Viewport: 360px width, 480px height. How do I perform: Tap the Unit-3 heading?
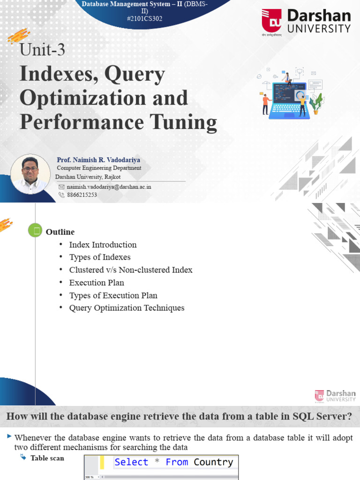click(42, 50)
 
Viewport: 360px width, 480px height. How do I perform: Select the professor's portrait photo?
click(30, 174)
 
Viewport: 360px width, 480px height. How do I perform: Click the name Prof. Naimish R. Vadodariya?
click(98, 160)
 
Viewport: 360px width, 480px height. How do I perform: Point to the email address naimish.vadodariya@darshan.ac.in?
click(109, 187)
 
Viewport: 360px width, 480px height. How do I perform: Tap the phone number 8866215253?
click(82, 195)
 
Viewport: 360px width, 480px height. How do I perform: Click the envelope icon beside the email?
click(61, 187)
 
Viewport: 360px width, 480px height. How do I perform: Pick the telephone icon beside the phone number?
click(61, 195)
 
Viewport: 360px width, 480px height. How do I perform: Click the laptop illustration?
click(289, 100)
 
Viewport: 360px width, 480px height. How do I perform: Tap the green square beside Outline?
click(35, 230)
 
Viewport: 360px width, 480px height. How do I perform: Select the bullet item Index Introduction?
click(103, 245)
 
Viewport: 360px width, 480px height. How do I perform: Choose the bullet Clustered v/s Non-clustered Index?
click(131, 270)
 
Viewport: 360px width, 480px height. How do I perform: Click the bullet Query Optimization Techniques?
click(127, 308)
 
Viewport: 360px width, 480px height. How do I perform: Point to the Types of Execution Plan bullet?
click(113, 295)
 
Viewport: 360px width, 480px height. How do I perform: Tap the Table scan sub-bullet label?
click(47, 458)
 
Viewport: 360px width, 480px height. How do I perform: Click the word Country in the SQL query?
click(213, 462)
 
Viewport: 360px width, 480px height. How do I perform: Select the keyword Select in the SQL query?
click(131, 462)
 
